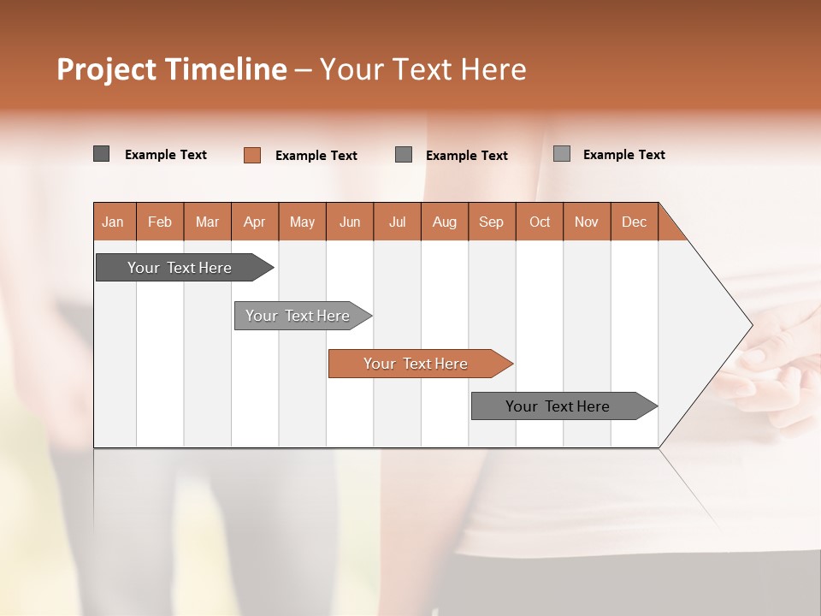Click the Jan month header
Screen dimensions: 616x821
pyautogui.click(x=114, y=222)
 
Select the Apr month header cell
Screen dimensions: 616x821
pyautogui.click(x=255, y=222)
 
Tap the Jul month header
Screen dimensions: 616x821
pyautogui.click(x=397, y=222)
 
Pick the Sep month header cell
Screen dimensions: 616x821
pyautogui.click(x=492, y=222)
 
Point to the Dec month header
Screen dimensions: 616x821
pyautogui.click(x=634, y=222)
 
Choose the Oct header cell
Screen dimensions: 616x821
pyautogui.click(x=540, y=222)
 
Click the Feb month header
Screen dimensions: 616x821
pyautogui.click(x=160, y=222)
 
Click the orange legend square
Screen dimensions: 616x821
pyautogui.click(x=252, y=155)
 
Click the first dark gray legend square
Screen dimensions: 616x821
pyautogui.click(x=101, y=154)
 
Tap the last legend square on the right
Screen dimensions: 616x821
pyautogui.click(x=562, y=154)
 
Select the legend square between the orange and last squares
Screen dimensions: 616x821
pyautogui.click(x=404, y=155)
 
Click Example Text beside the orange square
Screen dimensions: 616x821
pyautogui.click(x=316, y=156)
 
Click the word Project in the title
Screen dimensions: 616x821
pyautogui.click(x=106, y=70)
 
